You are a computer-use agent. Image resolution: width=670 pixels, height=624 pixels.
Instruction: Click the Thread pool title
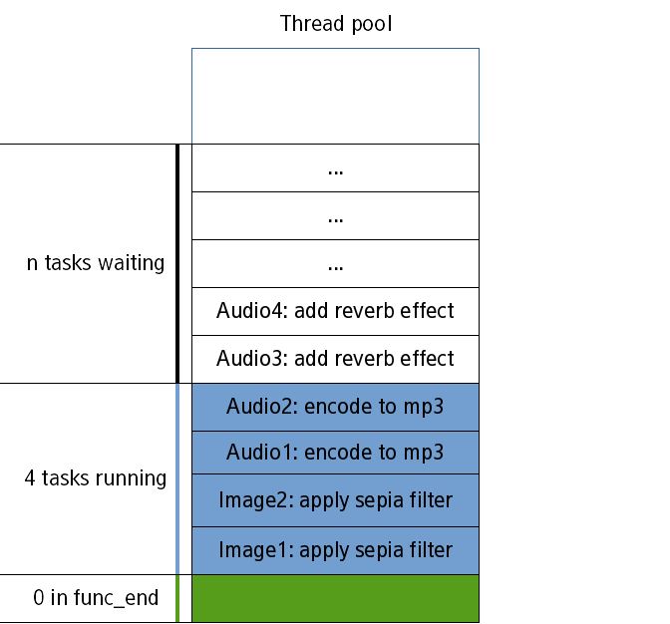point(336,24)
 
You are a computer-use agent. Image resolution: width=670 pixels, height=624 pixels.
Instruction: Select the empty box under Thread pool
point(335,96)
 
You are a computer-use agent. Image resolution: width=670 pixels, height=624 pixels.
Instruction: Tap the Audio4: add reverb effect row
point(335,311)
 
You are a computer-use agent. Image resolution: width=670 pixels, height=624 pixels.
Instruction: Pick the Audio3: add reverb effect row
point(335,359)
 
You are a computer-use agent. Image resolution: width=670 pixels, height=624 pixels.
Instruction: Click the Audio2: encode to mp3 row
point(335,407)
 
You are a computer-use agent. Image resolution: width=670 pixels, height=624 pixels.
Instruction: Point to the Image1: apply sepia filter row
point(335,550)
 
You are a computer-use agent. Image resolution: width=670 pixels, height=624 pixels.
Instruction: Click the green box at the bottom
point(335,598)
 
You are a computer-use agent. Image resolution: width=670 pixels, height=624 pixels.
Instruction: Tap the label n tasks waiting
point(96,264)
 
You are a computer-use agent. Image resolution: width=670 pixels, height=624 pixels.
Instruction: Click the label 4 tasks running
point(96,478)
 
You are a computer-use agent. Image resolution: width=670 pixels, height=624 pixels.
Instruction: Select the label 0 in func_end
point(96,598)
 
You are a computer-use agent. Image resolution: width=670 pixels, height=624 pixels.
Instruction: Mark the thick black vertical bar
point(177,263)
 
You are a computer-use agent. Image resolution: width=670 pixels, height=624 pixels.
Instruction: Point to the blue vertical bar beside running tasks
point(177,478)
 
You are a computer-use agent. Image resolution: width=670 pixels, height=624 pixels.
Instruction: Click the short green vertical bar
point(177,598)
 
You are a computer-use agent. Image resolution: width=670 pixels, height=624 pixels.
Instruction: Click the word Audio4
point(243,311)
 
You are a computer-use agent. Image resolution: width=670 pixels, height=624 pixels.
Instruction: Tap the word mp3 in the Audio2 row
point(425,408)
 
